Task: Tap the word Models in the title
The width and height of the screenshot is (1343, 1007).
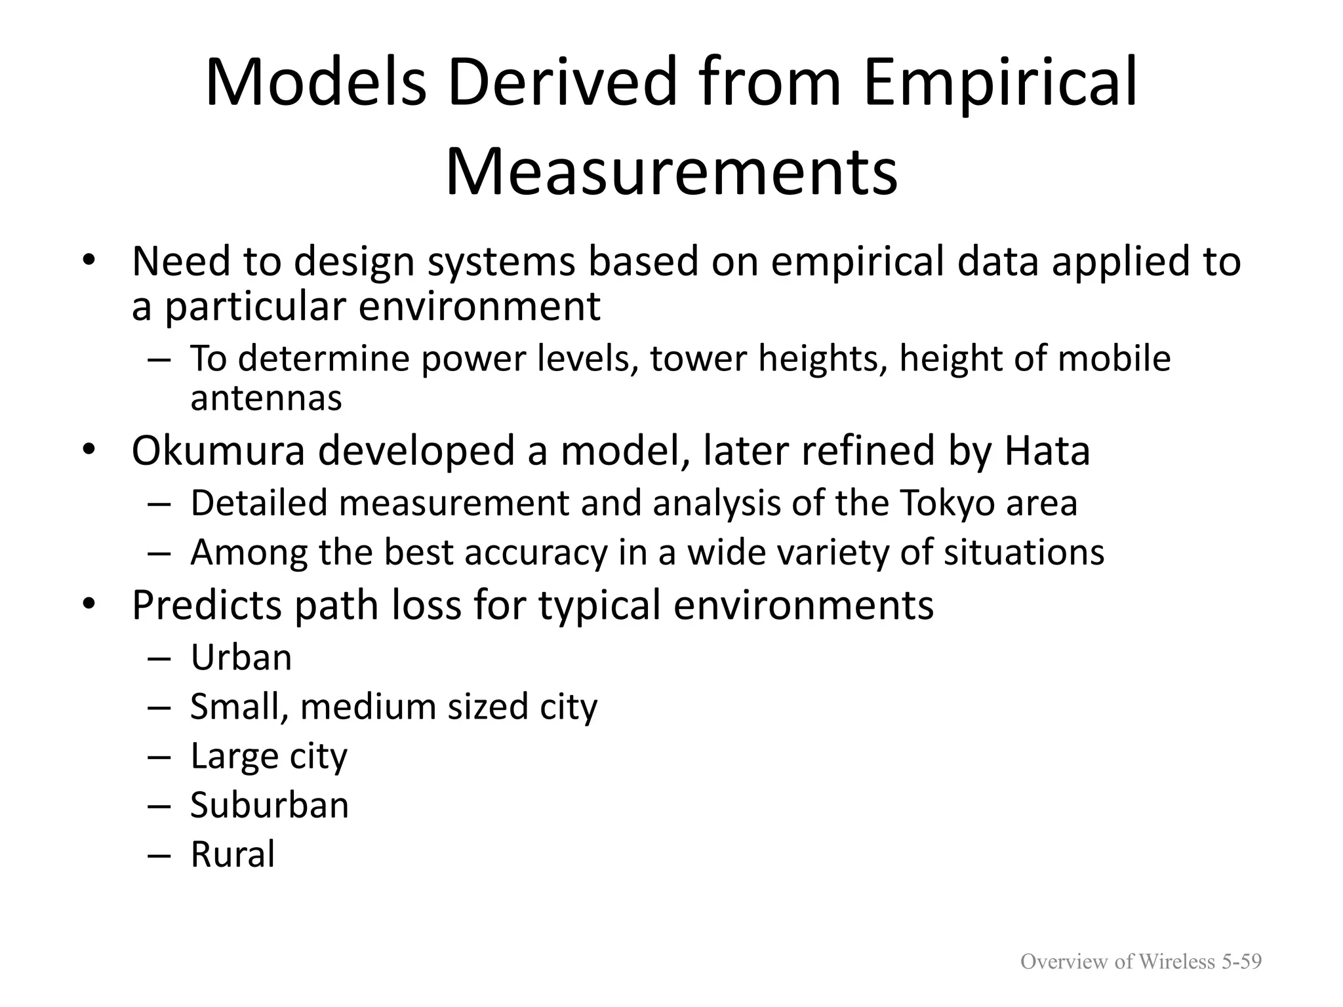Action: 315,83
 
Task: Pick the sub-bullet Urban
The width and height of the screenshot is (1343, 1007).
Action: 241,658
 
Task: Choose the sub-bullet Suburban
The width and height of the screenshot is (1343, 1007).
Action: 270,805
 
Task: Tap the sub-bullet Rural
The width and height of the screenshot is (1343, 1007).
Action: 232,854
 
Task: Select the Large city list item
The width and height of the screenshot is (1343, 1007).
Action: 268,756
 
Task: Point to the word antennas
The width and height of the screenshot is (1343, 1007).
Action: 266,398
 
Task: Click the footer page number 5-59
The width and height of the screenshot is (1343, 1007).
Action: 1241,962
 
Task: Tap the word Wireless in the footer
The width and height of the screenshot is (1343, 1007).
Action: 1176,962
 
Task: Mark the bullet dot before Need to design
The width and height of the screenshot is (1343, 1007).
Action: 89,261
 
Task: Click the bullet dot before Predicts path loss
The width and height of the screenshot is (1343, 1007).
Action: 89,604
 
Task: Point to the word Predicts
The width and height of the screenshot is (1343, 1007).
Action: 207,604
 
